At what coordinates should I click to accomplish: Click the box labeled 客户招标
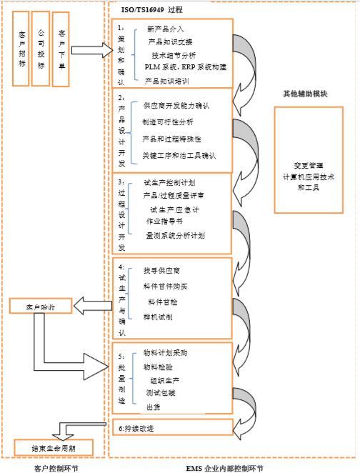tap(19, 46)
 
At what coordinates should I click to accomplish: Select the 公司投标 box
tap(41, 46)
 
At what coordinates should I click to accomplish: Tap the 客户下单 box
tap(63, 46)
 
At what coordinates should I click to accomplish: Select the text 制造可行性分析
tap(162, 122)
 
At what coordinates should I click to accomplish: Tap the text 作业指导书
tap(165, 221)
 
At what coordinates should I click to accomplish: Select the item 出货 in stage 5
tap(153, 407)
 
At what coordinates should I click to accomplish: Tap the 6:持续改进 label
tap(136, 428)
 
